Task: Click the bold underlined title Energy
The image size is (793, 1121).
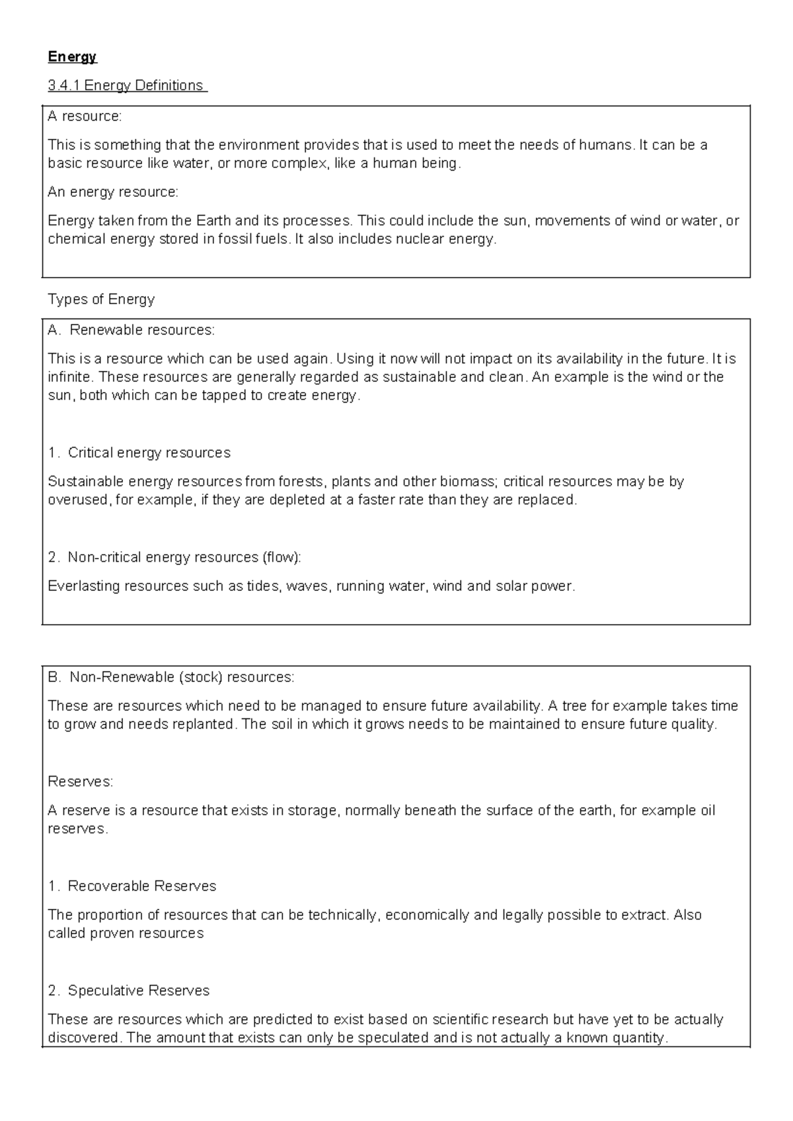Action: click(x=72, y=57)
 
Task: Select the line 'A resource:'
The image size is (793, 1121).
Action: click(x=85, y=116)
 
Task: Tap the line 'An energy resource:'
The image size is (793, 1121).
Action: click(x=113, y=192)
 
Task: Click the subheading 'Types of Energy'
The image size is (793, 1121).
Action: click(x=101, y=299)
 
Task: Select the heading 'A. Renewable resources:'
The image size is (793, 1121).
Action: click(x=132, y=330)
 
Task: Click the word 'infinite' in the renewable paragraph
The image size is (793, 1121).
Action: click(x=71, y=377)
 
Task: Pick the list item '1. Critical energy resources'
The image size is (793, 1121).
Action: click(x=139, y=453)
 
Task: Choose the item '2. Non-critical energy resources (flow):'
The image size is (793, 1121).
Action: click(x=174, y=557)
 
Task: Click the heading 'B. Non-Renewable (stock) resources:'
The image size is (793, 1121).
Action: click(x=171, y=677)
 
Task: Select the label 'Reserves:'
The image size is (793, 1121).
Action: click(x=81, y=782)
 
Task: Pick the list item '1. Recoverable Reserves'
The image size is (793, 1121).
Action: click(x=132, y=886)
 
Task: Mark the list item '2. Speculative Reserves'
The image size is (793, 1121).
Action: click(x=129, y=991)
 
